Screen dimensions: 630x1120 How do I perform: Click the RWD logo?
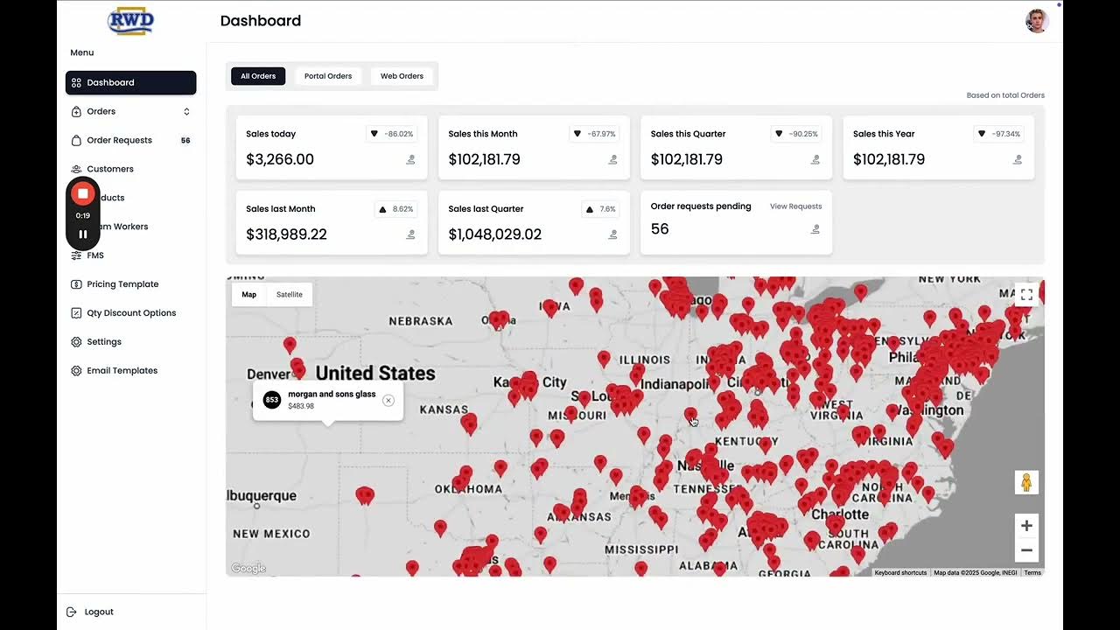130,21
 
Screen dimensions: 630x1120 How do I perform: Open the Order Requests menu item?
119,140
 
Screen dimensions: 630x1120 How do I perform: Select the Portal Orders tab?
328,76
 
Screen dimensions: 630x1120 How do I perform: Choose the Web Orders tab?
402,76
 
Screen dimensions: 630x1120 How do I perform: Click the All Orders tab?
258,76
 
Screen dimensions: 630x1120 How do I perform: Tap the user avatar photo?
1037,21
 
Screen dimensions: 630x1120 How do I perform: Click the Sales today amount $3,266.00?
280,159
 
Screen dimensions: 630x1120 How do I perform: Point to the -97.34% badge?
998,134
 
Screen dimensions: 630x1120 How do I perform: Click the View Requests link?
795,206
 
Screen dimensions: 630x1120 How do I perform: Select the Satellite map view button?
290,295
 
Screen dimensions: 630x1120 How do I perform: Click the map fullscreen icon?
1026,295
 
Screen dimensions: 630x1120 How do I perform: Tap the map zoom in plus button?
1026,526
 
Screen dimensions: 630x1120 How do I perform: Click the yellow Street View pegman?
1026,482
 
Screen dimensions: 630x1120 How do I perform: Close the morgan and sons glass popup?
388,401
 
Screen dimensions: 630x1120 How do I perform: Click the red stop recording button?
83,193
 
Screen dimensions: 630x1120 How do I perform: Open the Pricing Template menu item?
122,284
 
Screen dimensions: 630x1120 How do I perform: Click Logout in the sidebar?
99,612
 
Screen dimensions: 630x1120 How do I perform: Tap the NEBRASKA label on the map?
420,321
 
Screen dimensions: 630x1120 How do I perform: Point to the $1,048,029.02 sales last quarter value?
495,234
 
